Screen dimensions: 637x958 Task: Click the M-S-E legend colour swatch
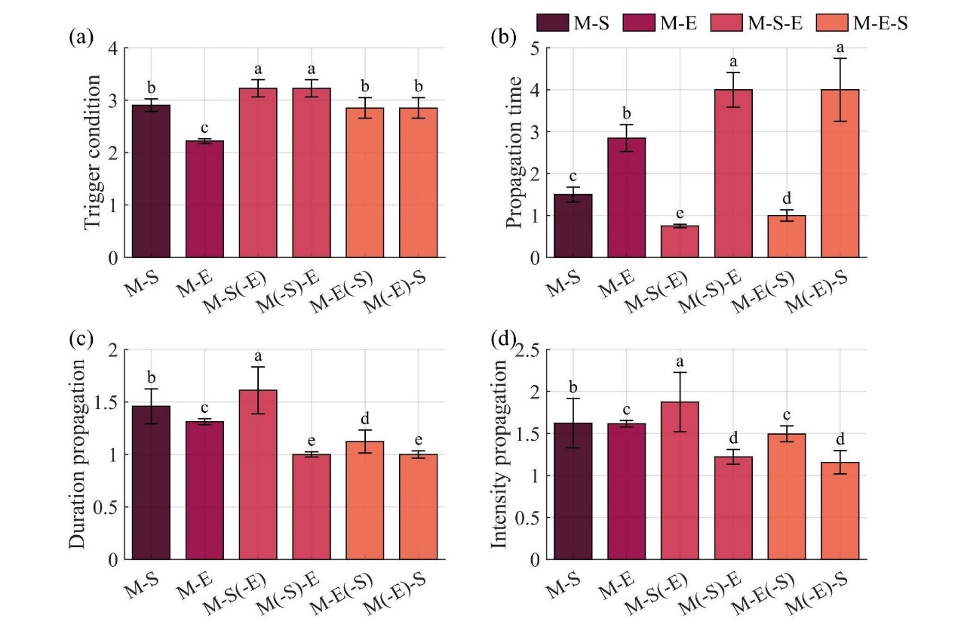coord(728,24)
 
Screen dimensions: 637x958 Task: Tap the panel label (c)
coord(80,339)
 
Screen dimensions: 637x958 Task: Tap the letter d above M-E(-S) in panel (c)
coord(365,417)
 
